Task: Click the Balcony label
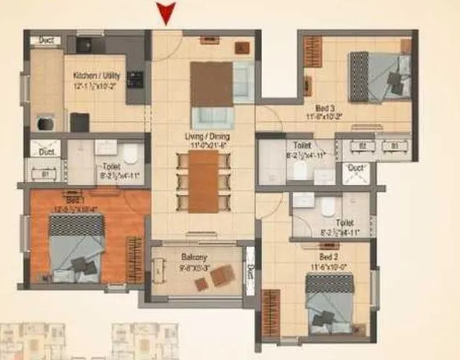tap(194, 257)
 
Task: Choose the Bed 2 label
tap(329, 258)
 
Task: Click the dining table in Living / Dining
tap(203, 181)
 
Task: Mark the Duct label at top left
tap(46, 41)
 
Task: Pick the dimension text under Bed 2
tap(329, 266)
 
